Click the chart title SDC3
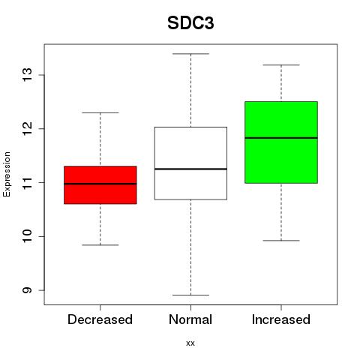click(x=190, y=23)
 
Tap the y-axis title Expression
click(x=7, y=174)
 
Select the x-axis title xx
click(x=190, y=343)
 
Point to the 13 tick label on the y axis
click(x=27, y=75)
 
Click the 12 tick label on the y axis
click(x=27, y=128)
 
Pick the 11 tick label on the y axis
click(x=27, y=182)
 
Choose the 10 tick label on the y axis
click(x=27, y=236)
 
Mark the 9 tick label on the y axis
click(x=27, y=290)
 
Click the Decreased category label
click(x=100, y=319)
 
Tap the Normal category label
click(x=190, y=319)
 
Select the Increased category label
click(x=281, y=319)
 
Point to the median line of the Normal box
click(x=190, y=169)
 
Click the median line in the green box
click(x=281, y=138)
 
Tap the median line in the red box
click(x=100, y=184)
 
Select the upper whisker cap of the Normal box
click(x=190, y=54)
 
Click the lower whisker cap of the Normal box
click(x=190, y=295)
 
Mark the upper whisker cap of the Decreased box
click(x=100, y=112)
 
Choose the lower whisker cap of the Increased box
click(x=281, y=241)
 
